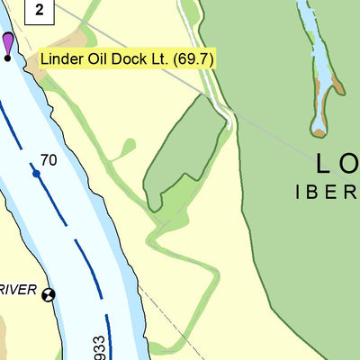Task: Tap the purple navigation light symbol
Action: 8,43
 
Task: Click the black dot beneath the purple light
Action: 8,58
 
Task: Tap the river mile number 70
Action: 49,160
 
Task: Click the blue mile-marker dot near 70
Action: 36,172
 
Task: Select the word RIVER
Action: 18,290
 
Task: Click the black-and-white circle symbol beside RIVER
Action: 49,293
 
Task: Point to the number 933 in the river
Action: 123,347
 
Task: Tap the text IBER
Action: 328,192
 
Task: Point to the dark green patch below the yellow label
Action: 184,153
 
